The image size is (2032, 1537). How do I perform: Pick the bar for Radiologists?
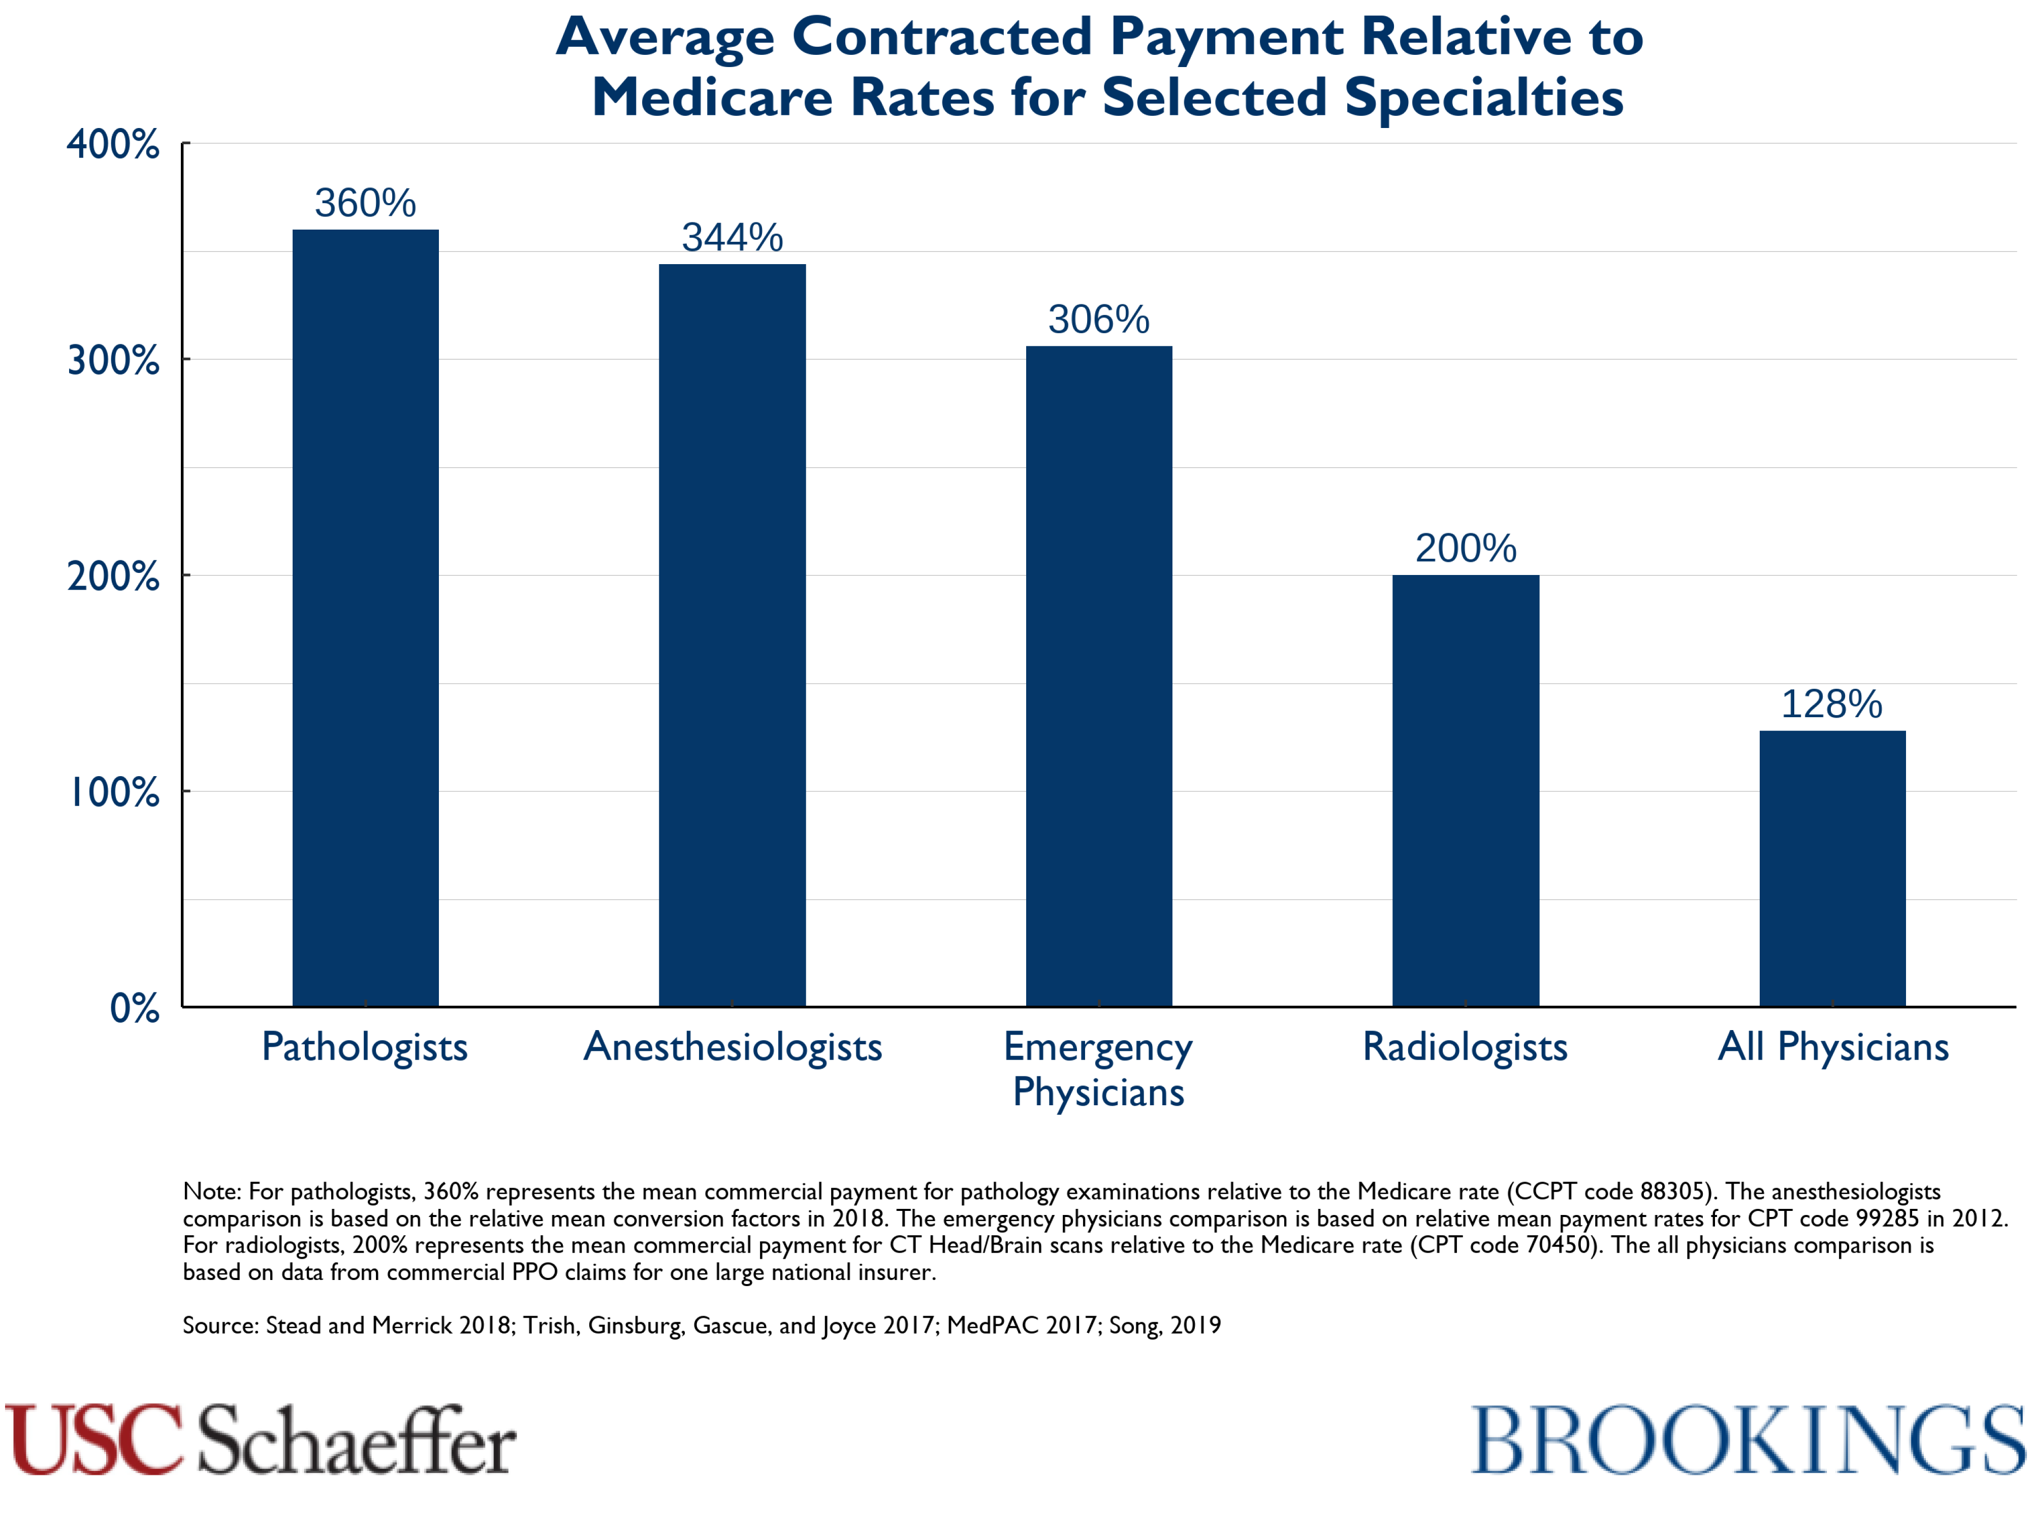(x=1465, y=790)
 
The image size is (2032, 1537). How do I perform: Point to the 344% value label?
(x=732, y=238)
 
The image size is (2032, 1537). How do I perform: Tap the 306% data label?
(x=1099, y=319)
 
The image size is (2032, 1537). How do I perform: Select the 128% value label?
(x=1832, y=705)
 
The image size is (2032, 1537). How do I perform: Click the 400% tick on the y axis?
(x=113, y=144)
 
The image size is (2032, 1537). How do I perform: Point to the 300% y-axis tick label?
(x=113, y=360)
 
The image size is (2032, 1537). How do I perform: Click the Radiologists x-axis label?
(x=1465, y=1047)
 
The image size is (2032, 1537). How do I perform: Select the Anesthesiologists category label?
(x=732, y=1047)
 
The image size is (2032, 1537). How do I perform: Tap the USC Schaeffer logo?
(x=260, y=1439)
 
